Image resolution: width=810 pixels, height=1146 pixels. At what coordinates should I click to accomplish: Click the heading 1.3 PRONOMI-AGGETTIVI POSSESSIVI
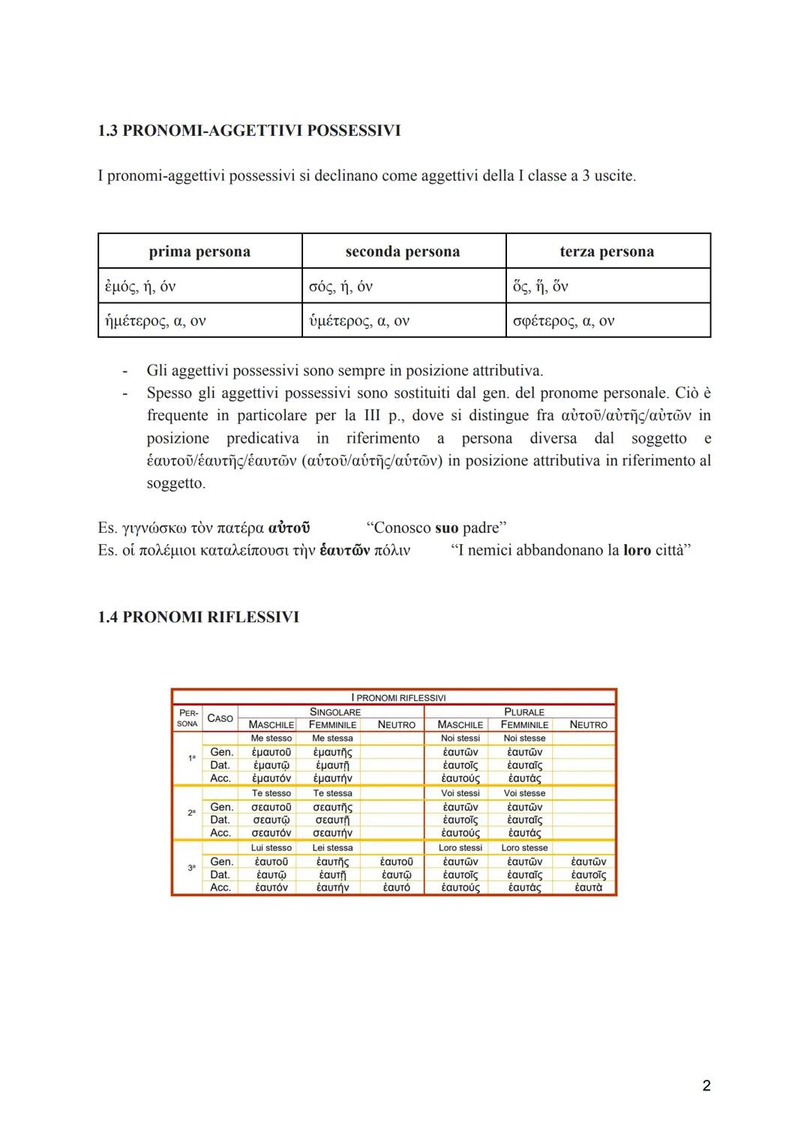[x=249, y=131]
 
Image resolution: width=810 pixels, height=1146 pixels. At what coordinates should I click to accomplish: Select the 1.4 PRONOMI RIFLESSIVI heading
[x=198, y=617]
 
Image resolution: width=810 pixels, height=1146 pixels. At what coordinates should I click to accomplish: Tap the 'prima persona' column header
[x=199, y=251]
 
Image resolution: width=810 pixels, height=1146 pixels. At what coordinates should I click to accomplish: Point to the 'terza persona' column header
[x=607, y=251]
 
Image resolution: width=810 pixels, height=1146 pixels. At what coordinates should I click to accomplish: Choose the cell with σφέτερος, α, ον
[x=563, y=321]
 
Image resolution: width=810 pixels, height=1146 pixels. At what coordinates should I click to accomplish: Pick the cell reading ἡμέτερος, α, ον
[x=154, y=321]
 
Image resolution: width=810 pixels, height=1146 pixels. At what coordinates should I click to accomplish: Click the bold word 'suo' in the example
[x=446, y=528]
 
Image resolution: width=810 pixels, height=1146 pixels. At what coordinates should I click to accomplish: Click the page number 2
[x=706, y=1085]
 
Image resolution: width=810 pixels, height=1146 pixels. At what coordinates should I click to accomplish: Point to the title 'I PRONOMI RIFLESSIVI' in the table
[x=398, y=698]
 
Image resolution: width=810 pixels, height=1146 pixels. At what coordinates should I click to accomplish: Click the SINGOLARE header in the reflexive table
[x=335, y=711]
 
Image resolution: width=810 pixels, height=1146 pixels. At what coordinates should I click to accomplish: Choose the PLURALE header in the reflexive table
[x=524, y=711]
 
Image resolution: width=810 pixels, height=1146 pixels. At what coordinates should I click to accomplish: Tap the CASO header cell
[x=220, y=718]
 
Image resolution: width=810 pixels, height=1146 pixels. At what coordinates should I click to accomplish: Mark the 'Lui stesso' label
[x=271, y=848]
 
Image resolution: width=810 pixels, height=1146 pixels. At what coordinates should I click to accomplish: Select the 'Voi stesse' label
[x=524, y=793]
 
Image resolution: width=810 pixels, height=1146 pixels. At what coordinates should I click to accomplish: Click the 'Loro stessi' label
[x=460, y=848]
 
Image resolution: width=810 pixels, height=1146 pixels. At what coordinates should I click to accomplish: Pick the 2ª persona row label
[x=191, y=813]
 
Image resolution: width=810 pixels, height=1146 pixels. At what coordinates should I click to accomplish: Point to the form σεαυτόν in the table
[x=271, y=833]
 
